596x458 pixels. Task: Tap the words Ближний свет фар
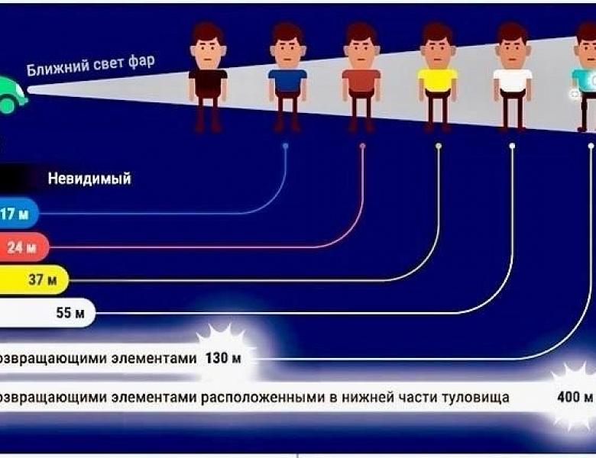coord(90,66)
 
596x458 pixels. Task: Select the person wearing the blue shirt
coord(287,80)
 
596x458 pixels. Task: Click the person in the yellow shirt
coord(437,80)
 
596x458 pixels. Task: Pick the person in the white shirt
coord(512,80)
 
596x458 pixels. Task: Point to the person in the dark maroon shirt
coord(208,80)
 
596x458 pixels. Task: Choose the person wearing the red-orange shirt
coord(361,80)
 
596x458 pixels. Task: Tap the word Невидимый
coord(89,179)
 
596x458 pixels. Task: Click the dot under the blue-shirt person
coord(286,145)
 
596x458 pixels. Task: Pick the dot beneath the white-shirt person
coord(512,145)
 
